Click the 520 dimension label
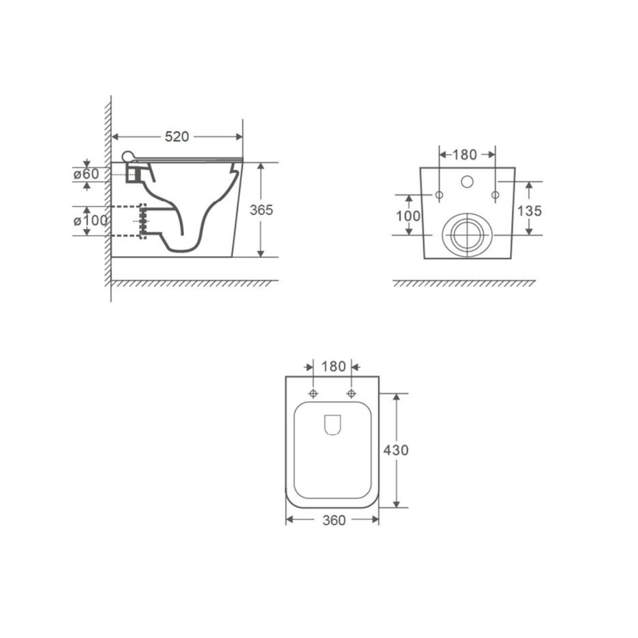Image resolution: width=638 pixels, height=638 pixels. (177, 137)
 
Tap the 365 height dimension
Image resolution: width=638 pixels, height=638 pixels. (261, 209)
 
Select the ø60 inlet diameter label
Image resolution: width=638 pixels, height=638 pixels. (86, 174)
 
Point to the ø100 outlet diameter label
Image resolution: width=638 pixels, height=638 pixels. (90, 221)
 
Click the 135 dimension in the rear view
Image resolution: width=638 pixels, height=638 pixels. (530, 211)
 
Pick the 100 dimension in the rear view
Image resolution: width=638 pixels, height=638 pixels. (408, 216)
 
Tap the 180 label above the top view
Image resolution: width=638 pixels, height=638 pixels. (334, 366)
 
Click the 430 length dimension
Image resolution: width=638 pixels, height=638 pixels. (396, 450)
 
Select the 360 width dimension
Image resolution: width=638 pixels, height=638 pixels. (334, 521)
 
